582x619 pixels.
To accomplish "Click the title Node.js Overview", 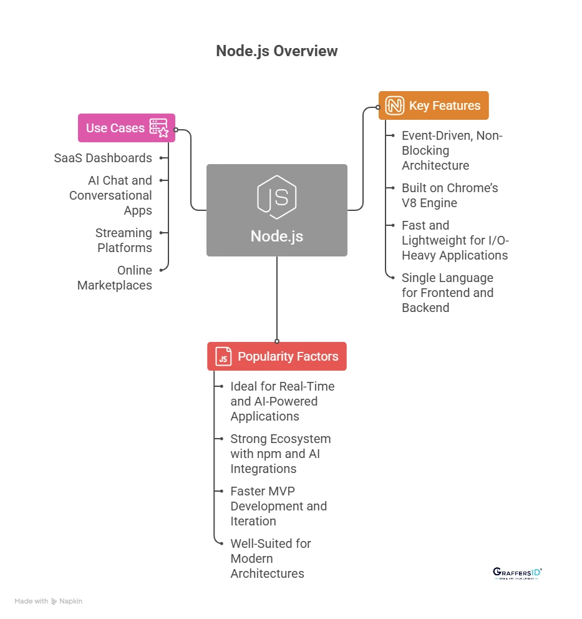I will coord(276,51).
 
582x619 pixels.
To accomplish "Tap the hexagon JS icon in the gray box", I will coord(276,197).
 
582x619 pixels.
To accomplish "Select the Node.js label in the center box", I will coord(276,236).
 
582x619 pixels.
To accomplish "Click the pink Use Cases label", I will coord(115,128).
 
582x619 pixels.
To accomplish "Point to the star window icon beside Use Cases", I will coord(159,128).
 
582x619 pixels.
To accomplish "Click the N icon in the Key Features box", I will coord(394,105).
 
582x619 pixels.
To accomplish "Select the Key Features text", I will coord(444,105).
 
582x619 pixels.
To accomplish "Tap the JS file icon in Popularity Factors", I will coord(223,356).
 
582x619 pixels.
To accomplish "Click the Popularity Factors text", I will coord(288,356).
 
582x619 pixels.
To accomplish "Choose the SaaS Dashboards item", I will coord(103,158).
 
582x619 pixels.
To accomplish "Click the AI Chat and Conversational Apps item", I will coord(110,195).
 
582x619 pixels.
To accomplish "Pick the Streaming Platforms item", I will coord(124,240).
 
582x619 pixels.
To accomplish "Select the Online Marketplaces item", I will coord(115,278).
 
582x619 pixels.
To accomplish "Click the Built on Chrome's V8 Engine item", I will coord(449,195).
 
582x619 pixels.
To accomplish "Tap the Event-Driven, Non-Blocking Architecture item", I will coord(452,150).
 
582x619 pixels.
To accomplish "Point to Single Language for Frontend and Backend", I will coord(447,293).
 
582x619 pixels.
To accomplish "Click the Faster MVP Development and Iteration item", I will coord(278,506).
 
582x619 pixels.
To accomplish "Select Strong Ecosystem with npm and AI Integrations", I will coord(280,454).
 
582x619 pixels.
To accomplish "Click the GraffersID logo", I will coord(517,573).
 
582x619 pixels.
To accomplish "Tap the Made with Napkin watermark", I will coord(49,601).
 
